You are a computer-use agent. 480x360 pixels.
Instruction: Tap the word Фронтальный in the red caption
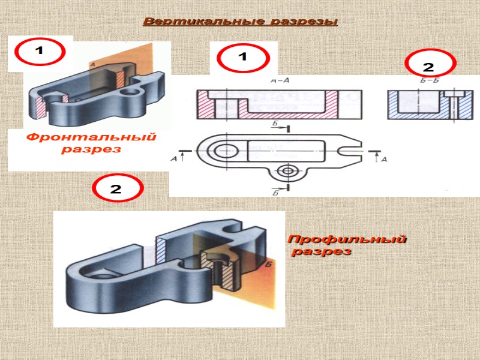coord(90,137)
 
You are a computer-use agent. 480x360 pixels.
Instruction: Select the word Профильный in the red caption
coord(347,240)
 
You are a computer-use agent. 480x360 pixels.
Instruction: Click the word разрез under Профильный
coord(322,252)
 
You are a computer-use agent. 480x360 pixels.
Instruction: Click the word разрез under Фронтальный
coord(90,149)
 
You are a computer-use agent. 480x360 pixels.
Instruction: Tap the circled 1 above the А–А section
coord(243,58)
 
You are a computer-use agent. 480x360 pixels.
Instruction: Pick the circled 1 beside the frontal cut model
coord(40,52)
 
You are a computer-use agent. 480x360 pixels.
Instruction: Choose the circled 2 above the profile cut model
coord(118,190)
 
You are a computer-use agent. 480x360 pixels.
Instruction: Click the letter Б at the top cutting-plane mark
coord(275,122)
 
